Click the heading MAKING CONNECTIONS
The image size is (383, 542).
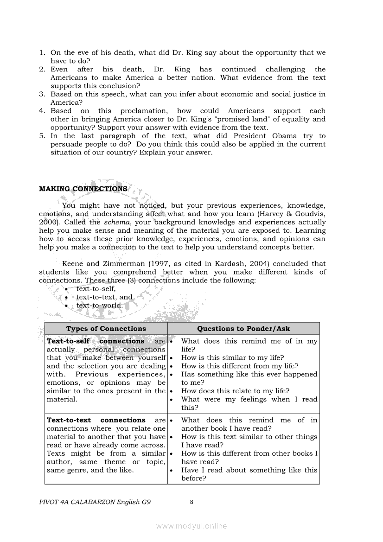coord(83,189)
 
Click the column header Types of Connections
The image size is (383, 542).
coord(106,328)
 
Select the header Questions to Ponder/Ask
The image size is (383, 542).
coord(243,328)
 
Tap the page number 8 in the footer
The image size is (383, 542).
coord(191,501)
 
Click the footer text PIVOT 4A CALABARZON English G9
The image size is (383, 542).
coord(95,502)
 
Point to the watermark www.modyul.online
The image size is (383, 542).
coord(191,526)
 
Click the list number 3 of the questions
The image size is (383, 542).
coord(42,94)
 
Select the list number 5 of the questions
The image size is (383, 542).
coord(42,136)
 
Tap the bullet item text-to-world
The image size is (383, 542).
coord(100,305)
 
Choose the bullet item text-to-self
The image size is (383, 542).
coord(96,288)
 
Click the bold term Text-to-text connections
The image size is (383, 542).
coord(96,420)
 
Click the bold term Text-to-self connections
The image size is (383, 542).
coord(96,341)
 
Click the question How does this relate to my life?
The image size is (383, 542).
coord(235,391)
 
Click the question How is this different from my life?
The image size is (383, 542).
coord(239,366)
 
